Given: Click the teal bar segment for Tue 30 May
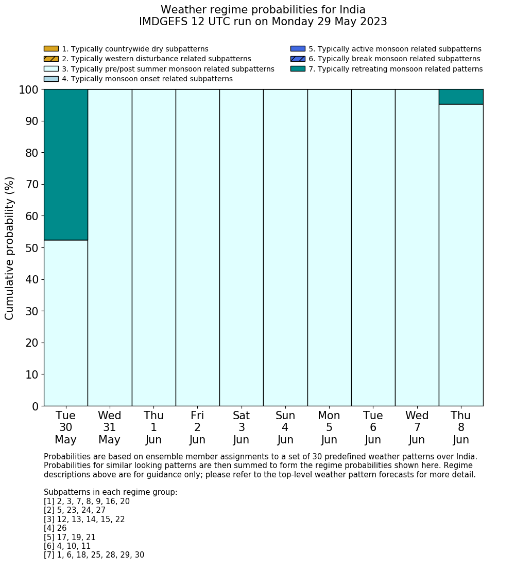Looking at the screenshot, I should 65,165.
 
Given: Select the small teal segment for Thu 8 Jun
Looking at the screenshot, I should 461,97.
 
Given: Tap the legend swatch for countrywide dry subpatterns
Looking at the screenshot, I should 51,49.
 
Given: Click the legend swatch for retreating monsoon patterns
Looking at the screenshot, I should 298,69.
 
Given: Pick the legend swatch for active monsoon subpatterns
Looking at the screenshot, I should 298,49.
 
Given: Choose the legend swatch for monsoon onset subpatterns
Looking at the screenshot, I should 51,79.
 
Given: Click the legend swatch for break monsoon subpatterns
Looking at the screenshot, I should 298,59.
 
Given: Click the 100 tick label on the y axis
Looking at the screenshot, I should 29,89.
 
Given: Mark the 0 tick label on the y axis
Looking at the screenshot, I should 35,406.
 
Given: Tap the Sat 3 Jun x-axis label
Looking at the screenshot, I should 241,427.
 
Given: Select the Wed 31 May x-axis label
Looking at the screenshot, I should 109,427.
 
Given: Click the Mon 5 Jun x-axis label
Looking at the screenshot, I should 329,427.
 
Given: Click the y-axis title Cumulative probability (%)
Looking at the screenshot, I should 10,247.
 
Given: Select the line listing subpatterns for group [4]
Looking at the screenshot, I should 55,528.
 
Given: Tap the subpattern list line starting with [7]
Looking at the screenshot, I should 94,555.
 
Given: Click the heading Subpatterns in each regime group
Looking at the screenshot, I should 110,492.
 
